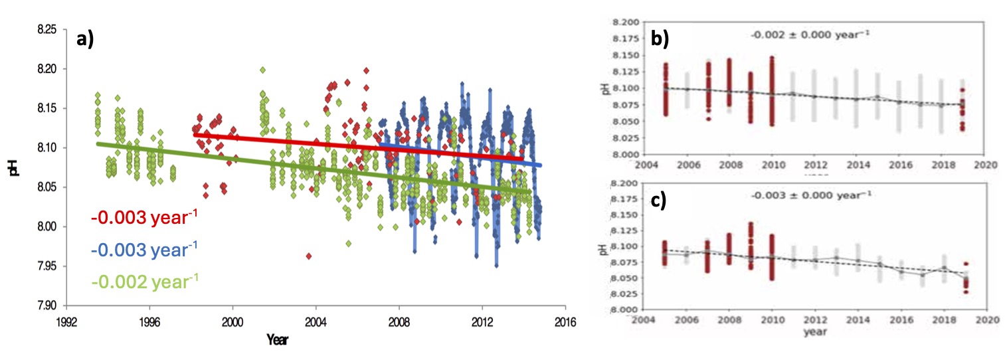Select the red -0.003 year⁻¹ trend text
(x=143, y=218)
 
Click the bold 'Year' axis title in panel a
(x=277, y=339)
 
